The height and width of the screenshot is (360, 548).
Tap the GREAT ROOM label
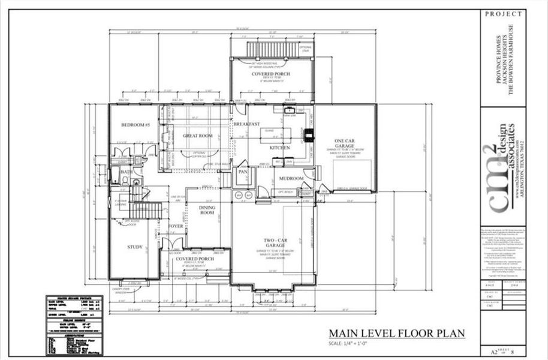(198, 136)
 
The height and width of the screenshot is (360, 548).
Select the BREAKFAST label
(246, 124)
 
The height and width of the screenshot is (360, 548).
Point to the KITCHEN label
(280, 147)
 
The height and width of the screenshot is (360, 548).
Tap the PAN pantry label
(243, 171)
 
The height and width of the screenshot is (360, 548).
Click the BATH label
(127, 172)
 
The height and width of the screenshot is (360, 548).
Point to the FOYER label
(176, 226)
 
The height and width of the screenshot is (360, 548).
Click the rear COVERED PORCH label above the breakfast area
(271, 74)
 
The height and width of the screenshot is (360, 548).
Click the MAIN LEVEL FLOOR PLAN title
(396, 334)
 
